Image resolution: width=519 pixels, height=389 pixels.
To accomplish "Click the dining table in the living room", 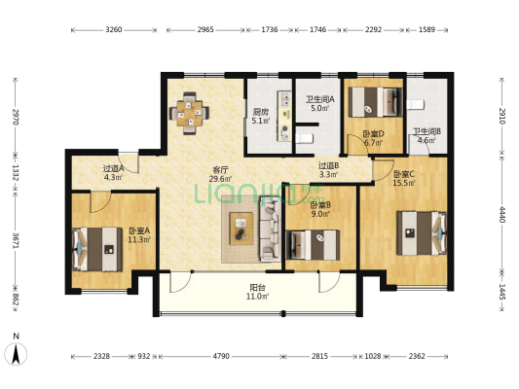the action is coord(189,114).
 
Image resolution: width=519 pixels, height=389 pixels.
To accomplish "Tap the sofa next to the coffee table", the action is coord(270,229).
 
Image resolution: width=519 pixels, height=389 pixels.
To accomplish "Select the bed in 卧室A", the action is coord(97,249).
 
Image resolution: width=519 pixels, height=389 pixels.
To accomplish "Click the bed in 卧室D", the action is coord(376,102).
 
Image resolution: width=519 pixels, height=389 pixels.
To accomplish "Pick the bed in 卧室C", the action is coord(422,233).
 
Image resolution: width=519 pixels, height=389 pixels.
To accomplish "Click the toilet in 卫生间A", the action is coord(304,138).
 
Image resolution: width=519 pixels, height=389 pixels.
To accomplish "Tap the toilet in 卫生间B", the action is coord(416,104).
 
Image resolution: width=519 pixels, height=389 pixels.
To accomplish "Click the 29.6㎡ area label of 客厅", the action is coord(220,179).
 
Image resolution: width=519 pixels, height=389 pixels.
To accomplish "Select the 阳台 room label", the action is coord(257,288).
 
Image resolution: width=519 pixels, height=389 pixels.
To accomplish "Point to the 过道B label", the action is coord(328,165).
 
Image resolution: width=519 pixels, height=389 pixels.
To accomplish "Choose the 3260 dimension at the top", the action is coord(114,30).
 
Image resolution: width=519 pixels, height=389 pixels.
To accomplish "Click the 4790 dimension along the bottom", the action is coord(221,356).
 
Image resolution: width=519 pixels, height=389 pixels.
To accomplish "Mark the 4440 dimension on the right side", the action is coord(502,215).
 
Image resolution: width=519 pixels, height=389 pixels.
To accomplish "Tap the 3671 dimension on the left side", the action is coord(16,240).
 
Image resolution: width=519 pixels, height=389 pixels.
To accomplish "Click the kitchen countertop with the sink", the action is coord(284,116).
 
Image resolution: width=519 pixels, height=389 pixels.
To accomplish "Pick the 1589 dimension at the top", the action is coord(427,30).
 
